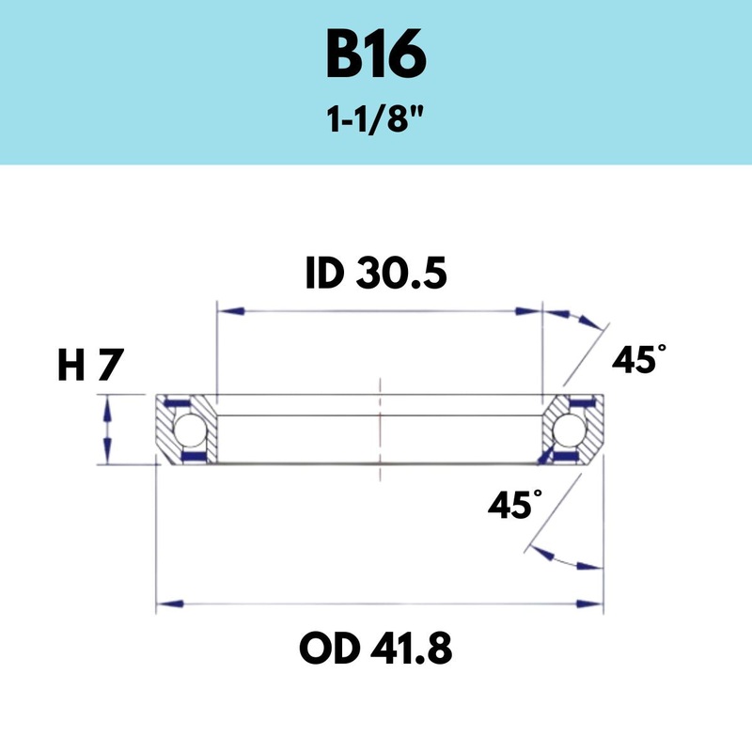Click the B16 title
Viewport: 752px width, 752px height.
(376, 54)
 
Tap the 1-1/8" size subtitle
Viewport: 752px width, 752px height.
(376, 119)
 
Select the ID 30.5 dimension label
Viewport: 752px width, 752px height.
(376, 274)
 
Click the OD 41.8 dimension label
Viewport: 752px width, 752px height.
(375, 648)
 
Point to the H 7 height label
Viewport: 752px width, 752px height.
(90, 365)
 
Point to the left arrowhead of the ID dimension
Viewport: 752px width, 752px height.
(230, 311)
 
